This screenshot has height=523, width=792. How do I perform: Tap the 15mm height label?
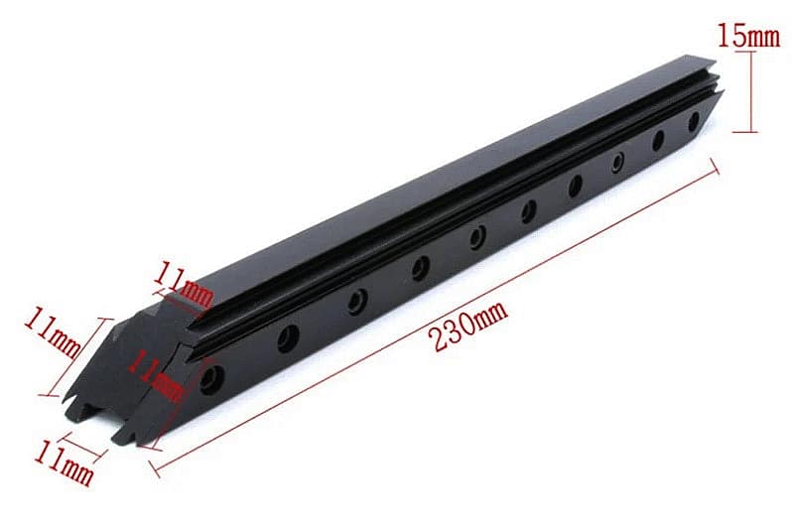click(x=748, y=36)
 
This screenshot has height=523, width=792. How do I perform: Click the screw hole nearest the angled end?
click(x=212, y=379)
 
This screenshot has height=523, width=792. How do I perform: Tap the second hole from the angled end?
click(x=288, y=338)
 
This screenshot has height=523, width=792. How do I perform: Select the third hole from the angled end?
click(x=357, y=301)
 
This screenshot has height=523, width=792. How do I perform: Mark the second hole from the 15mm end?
click(x=658, y=140)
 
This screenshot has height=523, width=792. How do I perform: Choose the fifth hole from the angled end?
click(x=477, y=236)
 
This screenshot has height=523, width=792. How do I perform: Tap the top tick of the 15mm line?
click(x=751, y=53)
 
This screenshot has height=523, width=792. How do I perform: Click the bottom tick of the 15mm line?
click(x=751, y=131)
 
